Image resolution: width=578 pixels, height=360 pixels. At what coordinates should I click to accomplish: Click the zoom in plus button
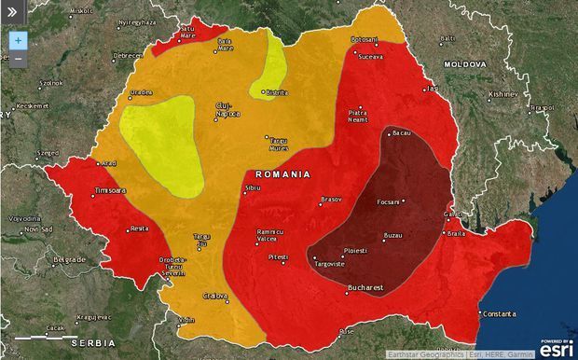tap(18, 41)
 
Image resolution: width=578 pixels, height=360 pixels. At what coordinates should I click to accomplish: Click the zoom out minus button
tap(18, 59)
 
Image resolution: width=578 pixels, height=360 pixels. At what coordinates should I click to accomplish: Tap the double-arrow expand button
tap(11, 13)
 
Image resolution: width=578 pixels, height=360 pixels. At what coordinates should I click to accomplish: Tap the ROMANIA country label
tap(283, 174)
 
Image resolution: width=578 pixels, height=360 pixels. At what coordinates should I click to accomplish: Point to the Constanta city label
tap(502, 314)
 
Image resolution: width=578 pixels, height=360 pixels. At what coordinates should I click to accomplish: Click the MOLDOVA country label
tap(464, 64)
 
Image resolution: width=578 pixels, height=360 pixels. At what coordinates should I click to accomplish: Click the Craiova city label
tap(216, 296)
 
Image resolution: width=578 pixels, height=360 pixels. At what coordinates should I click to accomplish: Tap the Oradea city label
tap(141, 93)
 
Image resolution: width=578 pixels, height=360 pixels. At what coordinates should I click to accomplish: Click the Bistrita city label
tap(278, 93)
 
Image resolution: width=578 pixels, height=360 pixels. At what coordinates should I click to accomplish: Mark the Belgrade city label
tap(69, 258)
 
